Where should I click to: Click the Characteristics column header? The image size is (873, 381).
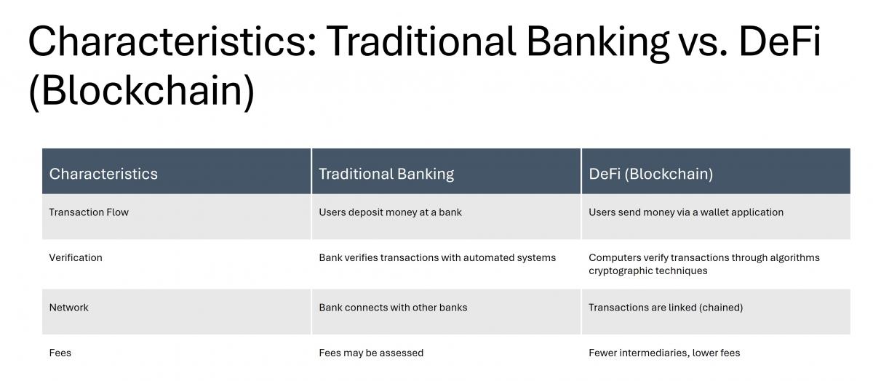click(103, 174)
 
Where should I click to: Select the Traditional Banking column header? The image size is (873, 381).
click(386, 174)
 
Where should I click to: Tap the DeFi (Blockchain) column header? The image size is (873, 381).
click(650, 174)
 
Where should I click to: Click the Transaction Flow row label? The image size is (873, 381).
click(89, 212)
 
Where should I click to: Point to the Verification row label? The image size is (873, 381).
click(76, 257)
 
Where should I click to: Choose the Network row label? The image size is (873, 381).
click(68, 308)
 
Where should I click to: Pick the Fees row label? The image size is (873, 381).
click(60, 353)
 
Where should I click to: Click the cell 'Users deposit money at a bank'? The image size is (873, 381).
click(390, 212)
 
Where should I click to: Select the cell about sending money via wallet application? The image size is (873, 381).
click(685, 212)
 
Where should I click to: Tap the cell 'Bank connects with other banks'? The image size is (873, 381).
click(393, 308)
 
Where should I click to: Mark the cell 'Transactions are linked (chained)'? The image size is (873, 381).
click(665, 308)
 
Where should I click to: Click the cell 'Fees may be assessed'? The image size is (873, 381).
click(371, 353)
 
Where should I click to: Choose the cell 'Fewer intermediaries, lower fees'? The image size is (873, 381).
click(663, 353)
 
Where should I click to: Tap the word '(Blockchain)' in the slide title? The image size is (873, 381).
click(141, 91)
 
